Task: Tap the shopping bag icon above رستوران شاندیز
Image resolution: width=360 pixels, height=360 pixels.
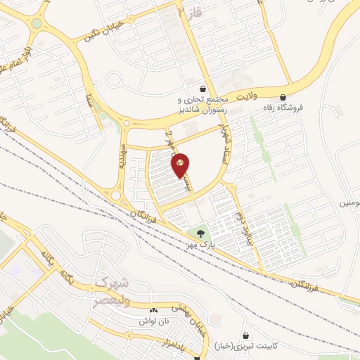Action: (x=203, y=89)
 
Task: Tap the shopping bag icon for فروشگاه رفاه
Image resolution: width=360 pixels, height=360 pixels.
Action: (x=283, y=97)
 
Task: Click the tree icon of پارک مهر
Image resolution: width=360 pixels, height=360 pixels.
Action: (x=201, y=233)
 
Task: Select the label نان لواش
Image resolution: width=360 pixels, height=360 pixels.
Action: (x=153, y=320)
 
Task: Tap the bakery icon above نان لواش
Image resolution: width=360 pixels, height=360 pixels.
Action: (x=154, y=309)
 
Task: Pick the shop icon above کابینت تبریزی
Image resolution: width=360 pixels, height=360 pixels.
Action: (x=245, y=336)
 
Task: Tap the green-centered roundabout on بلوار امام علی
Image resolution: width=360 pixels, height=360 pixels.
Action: (x=37, y=23)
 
